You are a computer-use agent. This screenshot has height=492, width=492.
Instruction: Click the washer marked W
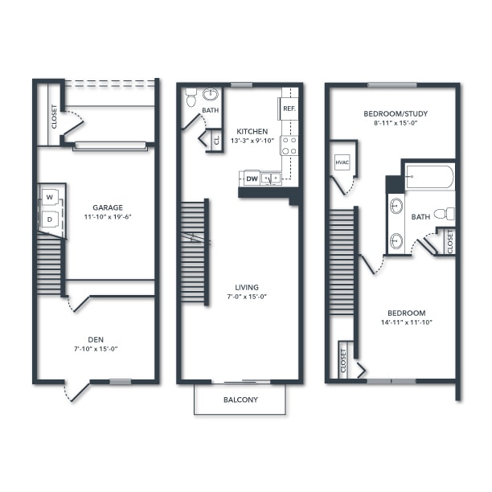50,197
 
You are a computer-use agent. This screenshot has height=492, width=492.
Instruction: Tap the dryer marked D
50,219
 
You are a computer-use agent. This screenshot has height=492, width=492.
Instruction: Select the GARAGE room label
107,207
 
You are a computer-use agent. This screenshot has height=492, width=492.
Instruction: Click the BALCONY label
240,400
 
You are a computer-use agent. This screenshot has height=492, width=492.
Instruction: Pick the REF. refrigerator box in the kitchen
289,109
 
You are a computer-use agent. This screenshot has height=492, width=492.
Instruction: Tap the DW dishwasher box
252,178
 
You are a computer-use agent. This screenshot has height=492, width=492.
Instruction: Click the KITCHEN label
252,131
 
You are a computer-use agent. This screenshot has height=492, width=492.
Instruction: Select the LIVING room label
246,287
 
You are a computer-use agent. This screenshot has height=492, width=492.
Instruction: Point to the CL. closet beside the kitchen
215,140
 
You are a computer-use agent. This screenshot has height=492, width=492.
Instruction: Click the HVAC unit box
341,162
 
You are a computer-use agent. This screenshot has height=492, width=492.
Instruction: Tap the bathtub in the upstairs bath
429,177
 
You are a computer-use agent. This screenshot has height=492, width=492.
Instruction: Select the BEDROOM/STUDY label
395,113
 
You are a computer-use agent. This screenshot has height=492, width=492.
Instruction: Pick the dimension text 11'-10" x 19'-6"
107,217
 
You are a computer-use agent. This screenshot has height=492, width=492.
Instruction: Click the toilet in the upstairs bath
445,214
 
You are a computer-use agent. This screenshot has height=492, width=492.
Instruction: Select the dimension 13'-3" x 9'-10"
252,141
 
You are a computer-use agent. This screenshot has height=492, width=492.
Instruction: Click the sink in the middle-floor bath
211,93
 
